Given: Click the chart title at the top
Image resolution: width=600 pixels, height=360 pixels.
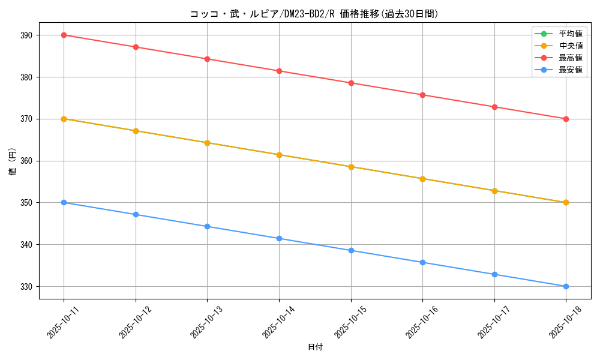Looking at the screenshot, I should [x=314, y=14].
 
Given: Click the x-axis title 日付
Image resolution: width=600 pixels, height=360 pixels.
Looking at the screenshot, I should [x=315, y=347].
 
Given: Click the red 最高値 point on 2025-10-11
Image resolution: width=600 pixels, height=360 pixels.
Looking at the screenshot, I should [x=64, y=35].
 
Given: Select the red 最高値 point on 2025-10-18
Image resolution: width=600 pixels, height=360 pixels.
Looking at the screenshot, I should [x=566, y=119].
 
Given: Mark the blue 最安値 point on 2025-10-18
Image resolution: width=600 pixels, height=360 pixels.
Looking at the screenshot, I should [x=566, y=286].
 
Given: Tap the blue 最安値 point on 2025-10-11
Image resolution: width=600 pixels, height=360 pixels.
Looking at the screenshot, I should [x=64, y=202].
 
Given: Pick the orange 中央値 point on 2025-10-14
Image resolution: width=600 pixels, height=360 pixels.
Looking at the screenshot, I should [x=279, y=155].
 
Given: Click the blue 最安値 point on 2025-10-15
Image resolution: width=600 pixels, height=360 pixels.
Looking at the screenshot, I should [x=351, y=250].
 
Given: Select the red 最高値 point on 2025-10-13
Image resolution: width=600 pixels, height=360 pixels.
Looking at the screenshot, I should [x=207, y=59].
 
